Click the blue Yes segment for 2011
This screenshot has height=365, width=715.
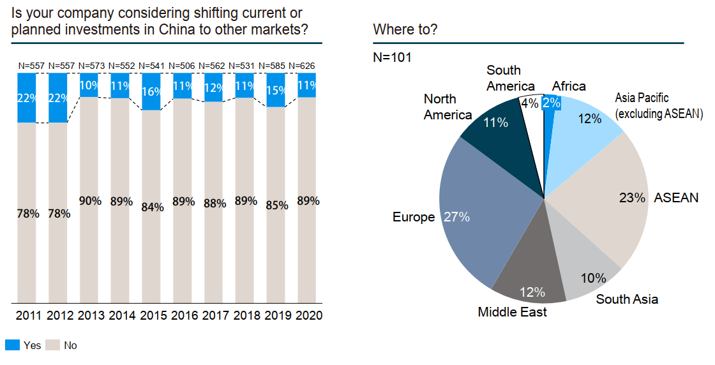coord(27,98)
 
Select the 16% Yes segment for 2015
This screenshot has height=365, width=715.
coord(151,91)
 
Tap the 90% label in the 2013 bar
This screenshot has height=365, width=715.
coord(90,200)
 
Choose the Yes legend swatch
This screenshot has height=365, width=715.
coord(12,345)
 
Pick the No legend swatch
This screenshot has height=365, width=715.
coord(52,345)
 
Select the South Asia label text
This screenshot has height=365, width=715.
coord(627,299)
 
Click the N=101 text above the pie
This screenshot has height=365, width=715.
coord(392,57)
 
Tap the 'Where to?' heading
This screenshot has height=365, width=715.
coord(405,29)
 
